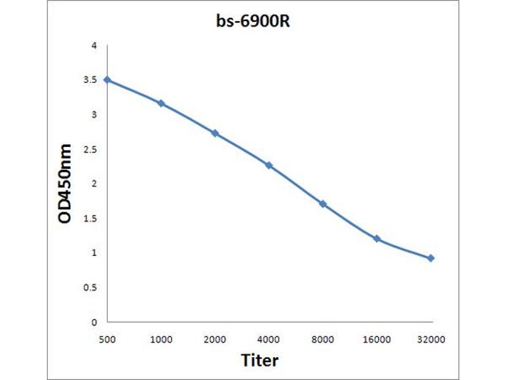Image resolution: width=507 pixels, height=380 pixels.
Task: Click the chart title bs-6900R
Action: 253,22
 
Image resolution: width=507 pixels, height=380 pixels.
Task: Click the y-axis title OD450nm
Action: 65,184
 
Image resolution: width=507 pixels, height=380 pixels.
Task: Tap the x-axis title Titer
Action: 260,360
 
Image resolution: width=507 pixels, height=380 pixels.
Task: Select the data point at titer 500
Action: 107,80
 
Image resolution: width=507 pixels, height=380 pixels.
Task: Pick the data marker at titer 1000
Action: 161,103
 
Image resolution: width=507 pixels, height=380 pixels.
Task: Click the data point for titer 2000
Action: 215,133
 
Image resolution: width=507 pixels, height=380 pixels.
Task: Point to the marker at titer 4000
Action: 269,165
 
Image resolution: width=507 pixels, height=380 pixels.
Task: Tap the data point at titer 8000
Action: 323,204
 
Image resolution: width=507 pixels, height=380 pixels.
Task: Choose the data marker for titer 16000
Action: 377,239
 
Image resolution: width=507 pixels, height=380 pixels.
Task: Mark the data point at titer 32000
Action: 431,258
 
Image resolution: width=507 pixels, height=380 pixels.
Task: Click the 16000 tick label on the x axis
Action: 377,339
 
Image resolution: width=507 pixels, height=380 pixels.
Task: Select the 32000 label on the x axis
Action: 431,339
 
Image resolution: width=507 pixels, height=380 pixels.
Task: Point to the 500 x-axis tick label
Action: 107,339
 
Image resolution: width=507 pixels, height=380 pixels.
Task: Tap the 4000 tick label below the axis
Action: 269,339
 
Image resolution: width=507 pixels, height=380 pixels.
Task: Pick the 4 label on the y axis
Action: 94,46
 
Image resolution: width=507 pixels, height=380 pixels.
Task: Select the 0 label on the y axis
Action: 94,322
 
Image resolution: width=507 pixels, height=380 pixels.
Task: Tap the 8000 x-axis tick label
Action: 323,339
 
